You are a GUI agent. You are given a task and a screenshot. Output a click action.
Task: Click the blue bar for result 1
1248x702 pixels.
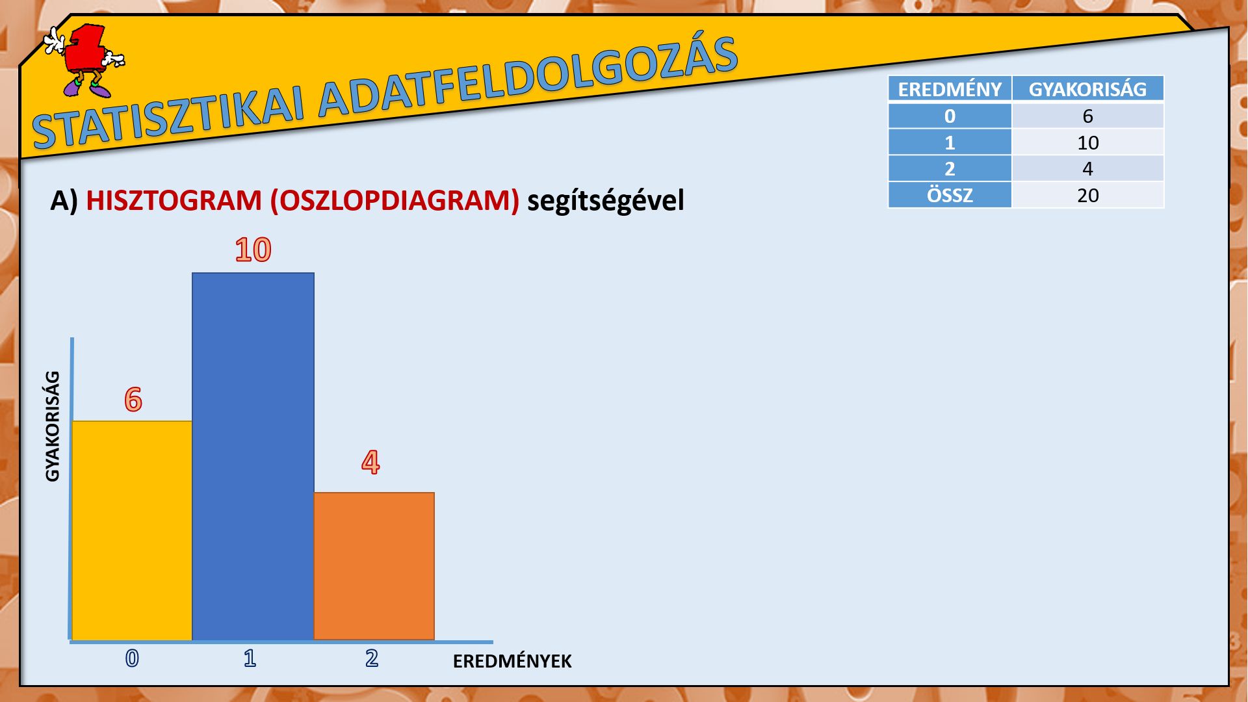click(x=253, y=456)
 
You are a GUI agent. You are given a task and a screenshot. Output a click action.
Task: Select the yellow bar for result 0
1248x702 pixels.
click(x=132, y=530)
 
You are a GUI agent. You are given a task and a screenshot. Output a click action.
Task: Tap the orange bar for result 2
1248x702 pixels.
click(x=374, y=566)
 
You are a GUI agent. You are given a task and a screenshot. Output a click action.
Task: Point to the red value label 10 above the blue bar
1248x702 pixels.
click(x=253, y=250)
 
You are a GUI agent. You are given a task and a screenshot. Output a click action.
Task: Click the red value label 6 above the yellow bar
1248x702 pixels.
click(x=133, y=399)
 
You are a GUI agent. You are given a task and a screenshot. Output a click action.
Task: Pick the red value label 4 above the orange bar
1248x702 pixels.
click(x=370, y=462)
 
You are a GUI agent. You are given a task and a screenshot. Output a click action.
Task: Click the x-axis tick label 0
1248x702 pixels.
click(x=132, y=658)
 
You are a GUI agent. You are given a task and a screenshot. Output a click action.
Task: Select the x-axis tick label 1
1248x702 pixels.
click(x=250, y=658)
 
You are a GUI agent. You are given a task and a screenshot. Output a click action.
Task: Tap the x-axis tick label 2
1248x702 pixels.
click(x=372, y=658)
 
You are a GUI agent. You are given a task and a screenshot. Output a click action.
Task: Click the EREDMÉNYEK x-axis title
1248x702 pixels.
click(x=512, y=661)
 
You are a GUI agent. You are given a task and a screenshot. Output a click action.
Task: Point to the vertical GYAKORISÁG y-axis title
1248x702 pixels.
click(x=53, y=426)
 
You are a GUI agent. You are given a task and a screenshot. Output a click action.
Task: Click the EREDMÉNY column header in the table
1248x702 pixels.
click(x=950, y=89)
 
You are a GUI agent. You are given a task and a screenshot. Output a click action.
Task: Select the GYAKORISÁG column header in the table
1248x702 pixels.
click(x=1087, y=89)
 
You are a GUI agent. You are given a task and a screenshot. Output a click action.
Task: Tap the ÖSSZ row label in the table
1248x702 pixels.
click(x=950, y=195)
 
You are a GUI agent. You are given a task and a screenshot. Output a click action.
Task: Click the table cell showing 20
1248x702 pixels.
click(x=1088, y=195)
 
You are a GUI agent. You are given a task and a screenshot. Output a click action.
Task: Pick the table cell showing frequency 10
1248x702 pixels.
click(x=1088, y=142)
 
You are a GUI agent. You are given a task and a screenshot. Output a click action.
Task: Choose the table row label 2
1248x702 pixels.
click(x=950, y=168)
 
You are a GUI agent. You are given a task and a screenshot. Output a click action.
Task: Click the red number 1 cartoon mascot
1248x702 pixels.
click(x=84, y=60)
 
